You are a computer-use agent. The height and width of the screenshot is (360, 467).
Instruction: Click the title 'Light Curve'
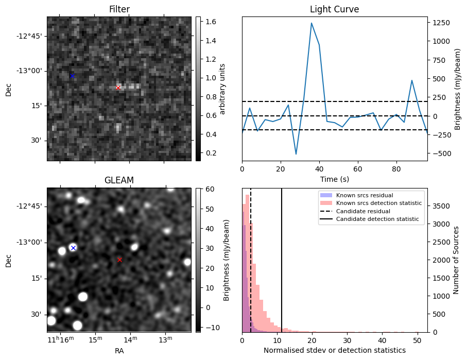(334, 9)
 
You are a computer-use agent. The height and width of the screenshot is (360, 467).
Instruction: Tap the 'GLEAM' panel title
(119, 180)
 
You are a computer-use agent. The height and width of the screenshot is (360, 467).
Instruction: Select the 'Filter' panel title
(119, 9)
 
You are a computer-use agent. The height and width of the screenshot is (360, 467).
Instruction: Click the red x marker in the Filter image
(118, 88)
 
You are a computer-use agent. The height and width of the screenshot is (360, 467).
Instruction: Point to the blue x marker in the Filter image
(72, 76)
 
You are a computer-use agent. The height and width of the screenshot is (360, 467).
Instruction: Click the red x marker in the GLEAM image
(119, 260)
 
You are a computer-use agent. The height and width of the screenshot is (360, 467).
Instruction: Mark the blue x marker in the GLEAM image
(73, 248)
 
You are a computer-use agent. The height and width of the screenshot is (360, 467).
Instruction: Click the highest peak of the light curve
(312, 23)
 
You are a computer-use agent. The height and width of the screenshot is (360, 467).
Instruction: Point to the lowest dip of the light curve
(296, 154)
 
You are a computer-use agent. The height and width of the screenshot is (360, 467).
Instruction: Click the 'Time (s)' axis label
(334, 178)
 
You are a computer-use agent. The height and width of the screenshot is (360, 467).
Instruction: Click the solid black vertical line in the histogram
(282, 258)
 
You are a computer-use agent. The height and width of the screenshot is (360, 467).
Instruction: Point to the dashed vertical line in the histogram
(251, 258)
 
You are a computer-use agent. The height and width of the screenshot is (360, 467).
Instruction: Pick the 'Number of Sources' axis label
(456, 260)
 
